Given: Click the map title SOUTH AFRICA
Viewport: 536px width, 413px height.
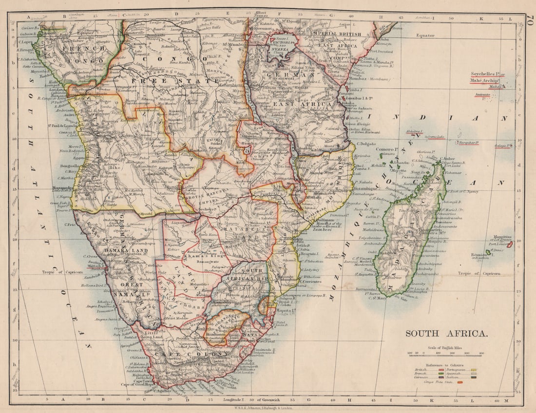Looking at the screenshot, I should point(446,334).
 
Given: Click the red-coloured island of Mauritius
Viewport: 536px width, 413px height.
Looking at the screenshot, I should point(510,245).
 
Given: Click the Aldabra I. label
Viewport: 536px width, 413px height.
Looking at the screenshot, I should point(414,132).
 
